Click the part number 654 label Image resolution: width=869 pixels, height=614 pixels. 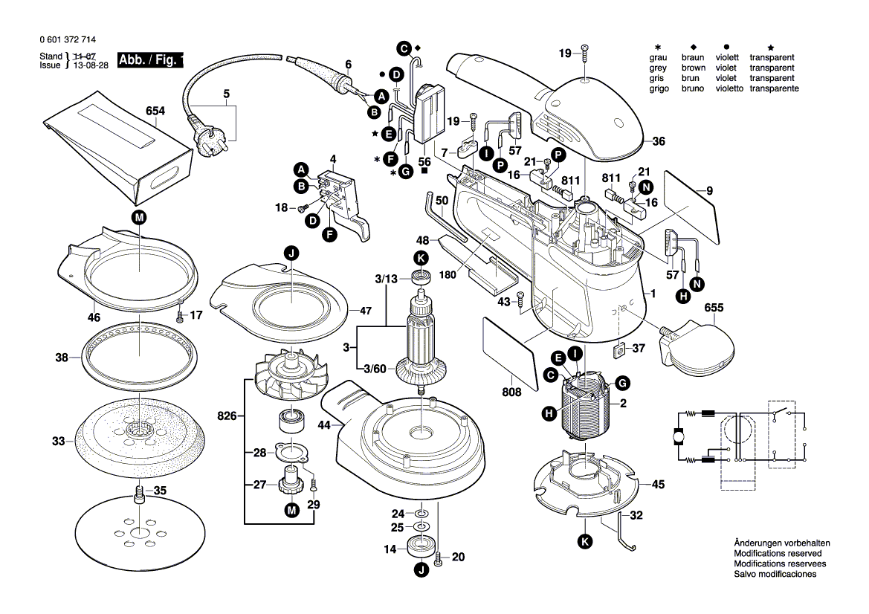(x=155, y=111)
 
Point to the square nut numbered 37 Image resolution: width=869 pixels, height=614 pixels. (x=618, y=349)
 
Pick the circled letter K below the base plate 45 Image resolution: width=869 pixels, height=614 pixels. (x=586, y=542)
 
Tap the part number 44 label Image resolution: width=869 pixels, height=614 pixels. (x=324, y=425)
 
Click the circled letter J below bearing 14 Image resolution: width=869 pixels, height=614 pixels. (x=420, y=571)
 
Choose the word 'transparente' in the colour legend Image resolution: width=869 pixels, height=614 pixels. (x=774, y=88)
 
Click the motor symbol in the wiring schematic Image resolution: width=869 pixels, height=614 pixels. (x=678, y=437)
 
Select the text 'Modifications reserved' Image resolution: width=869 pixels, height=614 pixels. (x=778, y=554)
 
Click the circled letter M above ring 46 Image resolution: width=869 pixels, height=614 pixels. (x=140, y=217)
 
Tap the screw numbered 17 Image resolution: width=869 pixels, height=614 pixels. (x=181, y=317)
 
